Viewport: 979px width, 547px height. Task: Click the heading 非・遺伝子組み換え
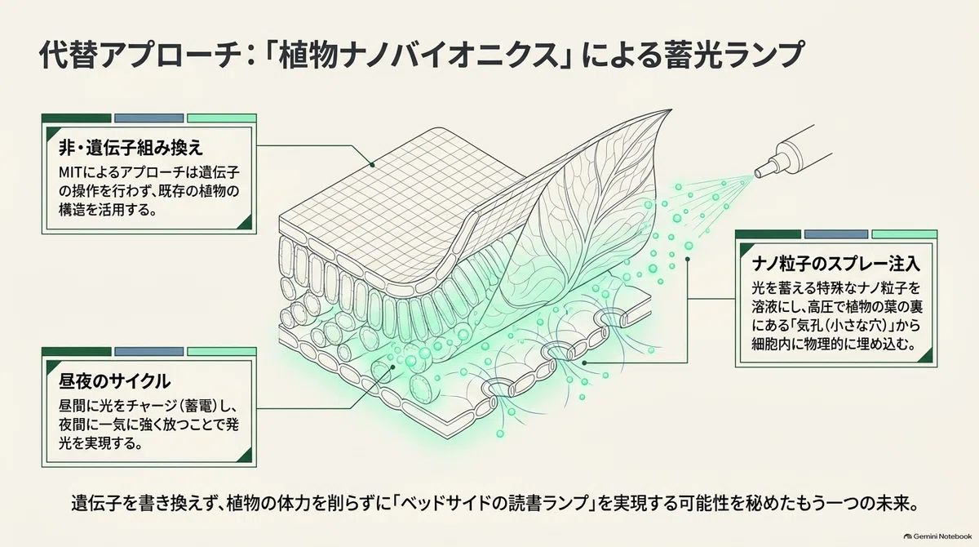131,149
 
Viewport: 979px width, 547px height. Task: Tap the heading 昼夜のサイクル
114,382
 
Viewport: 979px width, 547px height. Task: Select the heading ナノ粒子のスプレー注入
836,264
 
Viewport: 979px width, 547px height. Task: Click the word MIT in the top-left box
70,173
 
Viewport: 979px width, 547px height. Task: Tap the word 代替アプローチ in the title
139,55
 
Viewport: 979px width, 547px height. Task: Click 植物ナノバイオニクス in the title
419,55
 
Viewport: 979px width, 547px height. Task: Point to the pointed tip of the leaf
671,109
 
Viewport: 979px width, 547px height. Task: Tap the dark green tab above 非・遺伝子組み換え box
77,118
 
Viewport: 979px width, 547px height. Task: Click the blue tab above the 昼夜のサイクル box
149,352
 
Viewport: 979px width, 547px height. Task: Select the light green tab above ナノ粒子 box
905,234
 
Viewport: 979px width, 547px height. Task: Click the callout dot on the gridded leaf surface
372,165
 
